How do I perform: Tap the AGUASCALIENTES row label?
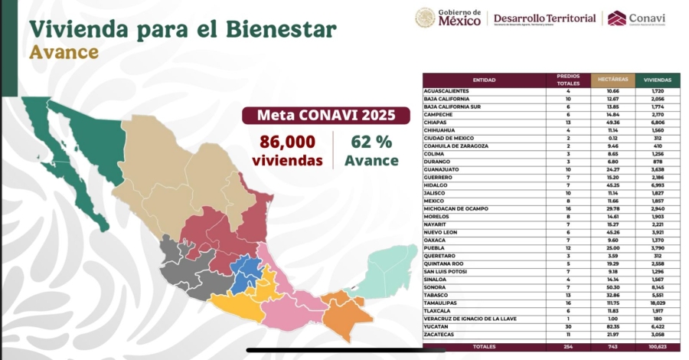click(446, 91)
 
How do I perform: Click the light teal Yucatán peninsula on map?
click(387, 268)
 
